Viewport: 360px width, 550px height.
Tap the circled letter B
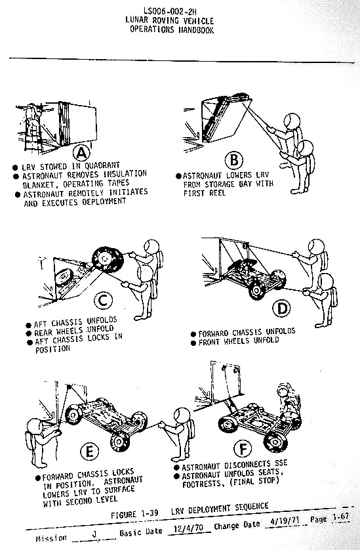pyautogui.click(x=234, y=160)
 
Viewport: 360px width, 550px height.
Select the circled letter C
pyautogui.click(x=104, y=301)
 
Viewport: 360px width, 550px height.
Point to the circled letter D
pyautogui.click(x=282, y=308)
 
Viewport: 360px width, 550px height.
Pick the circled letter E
pyautogui.click(x=89, y=451)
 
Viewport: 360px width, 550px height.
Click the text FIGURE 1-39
pyautogui.click(x=134, y=514)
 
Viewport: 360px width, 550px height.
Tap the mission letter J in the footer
pyautogui.click(x=94, y=534)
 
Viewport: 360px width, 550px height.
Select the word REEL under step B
pyautogui.click(x=217, y=193)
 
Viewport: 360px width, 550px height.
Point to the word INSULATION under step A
pyautogui.click(x=125, y=174)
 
